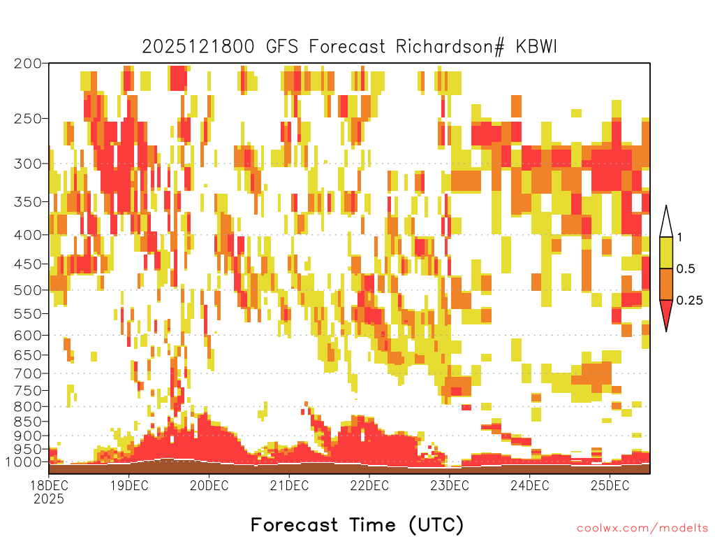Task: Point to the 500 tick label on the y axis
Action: (27, 290)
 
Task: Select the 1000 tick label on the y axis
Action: (23, 462)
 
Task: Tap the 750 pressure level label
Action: (27, 391)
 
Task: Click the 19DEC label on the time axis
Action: (129, 486)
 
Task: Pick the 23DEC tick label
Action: (450, 486)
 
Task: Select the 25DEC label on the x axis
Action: (610, 486)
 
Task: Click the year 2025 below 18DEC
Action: (49, 499)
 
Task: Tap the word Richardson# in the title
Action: (450, 47)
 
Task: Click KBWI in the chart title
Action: (536, 47)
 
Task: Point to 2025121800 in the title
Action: (198, 47)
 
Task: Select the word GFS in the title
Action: (282, 47)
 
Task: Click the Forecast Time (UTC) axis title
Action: (357, 525)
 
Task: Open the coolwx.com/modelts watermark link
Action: (642, 529)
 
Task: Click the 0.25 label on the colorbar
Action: (689, 301)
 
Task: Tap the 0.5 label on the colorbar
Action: (686, 269)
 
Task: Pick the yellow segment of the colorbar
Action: (666, 252)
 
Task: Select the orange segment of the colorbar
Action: (666, 284)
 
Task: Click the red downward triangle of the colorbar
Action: (666, 313)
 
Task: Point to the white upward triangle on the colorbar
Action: (666, 224)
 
